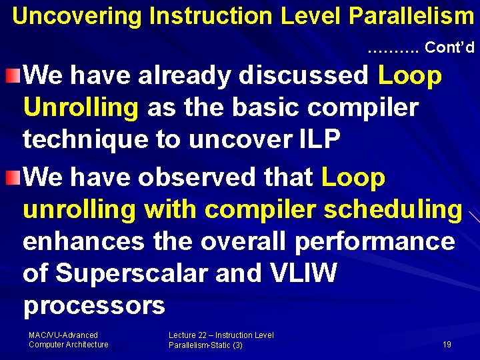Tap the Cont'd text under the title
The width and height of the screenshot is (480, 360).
[x=449, y=47]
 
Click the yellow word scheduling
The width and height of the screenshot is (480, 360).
[x=393, y=209]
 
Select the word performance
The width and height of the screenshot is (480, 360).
[x=375, y=241]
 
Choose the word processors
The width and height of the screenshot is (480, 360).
[x=94, y=305]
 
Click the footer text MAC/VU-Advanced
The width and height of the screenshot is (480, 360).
[x=63, y=335]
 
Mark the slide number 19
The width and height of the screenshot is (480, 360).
[x=447, y=345]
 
